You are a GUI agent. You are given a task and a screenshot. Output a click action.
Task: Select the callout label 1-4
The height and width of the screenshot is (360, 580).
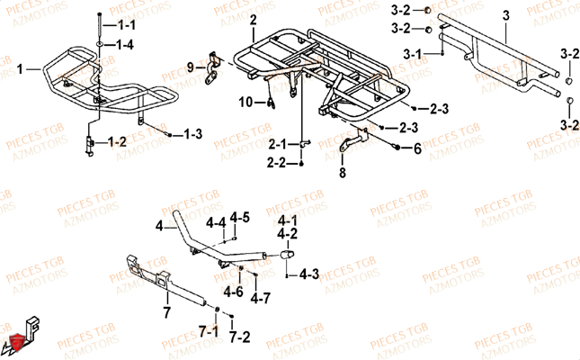point(126,44)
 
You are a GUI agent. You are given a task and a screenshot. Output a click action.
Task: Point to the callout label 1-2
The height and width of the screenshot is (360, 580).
point(117,142)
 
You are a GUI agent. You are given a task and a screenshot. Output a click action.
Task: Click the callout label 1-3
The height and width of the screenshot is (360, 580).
point(193,135)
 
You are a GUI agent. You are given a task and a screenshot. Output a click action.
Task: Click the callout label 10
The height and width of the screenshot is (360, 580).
point(246,103)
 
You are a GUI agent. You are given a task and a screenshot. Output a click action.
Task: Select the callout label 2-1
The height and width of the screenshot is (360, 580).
point(276,145)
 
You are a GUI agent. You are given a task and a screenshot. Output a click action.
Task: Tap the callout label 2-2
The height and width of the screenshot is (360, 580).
point(276,164)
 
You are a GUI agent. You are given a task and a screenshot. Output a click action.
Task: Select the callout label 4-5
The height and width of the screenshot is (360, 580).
point(240,218)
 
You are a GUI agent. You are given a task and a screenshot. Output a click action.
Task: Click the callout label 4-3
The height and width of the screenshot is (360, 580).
point(308,274)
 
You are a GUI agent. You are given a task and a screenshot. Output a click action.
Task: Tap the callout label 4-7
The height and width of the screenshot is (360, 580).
point(260,298)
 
